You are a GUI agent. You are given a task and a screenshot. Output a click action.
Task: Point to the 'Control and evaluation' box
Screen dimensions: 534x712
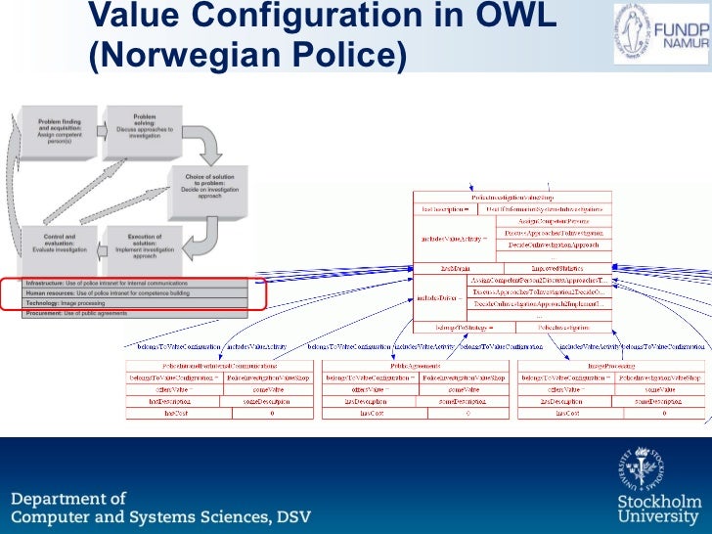(x=66, y=248)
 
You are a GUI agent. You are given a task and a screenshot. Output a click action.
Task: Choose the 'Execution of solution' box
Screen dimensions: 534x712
(x=143, y=248)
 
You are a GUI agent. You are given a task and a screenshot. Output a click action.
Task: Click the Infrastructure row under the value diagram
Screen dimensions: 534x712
(x=136, y=283)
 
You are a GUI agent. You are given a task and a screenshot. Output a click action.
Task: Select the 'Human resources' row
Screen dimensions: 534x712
(x=136, y=292)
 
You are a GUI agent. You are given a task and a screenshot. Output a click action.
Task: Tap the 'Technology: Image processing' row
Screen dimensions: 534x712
(x=136, y=303)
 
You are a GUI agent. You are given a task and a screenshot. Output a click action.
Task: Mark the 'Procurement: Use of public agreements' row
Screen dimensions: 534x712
(x=136, y=313)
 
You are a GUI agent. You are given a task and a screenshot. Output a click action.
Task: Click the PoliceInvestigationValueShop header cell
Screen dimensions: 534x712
(x=512, y=199)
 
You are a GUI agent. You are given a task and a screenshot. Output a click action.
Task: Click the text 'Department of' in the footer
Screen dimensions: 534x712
(x=68, y=499)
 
